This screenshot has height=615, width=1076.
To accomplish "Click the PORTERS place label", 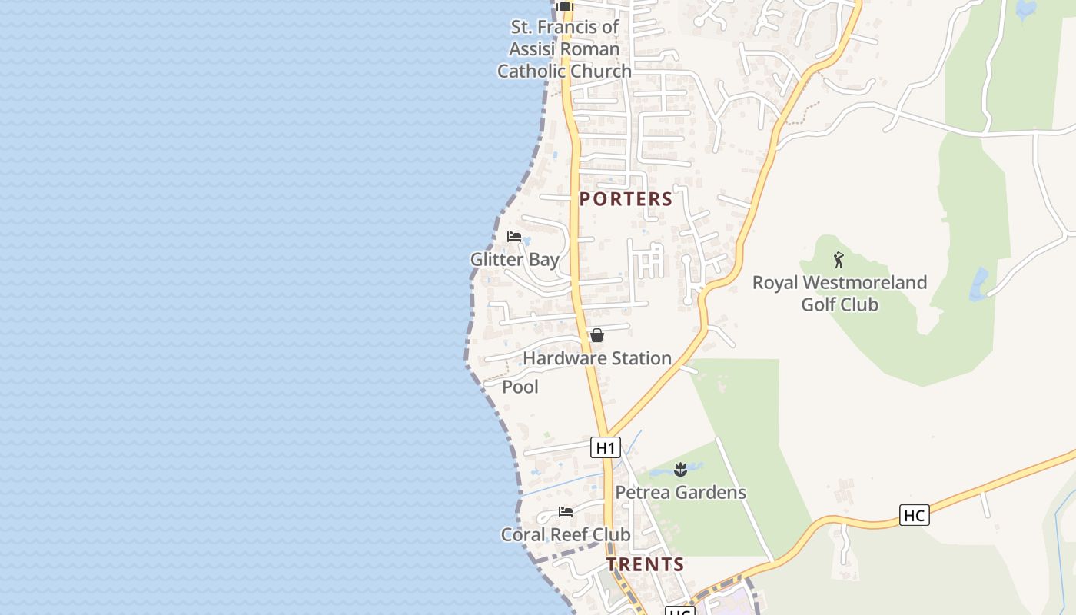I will click(626, 199).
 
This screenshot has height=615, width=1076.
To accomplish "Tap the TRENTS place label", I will click(646, 564).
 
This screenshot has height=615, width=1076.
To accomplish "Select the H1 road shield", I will click(606, 447).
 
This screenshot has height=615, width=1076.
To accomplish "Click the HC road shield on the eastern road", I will click(914, 515).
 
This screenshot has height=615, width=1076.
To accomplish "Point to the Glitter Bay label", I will click(514, 260).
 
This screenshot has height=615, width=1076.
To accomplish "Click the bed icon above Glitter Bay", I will click(514, 237).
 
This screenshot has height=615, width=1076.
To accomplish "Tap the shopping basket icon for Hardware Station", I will click(596, 336).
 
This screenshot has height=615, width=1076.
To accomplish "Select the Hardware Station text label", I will click(597, 358).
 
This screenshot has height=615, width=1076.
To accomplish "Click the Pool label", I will click(520, 387).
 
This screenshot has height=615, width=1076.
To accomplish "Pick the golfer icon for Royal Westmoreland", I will click(839, 260).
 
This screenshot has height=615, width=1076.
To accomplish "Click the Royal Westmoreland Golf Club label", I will click(839, 293).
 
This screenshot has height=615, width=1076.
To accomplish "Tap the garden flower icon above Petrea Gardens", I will click(680, 469).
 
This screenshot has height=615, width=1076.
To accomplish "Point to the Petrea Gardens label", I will click(680, 492).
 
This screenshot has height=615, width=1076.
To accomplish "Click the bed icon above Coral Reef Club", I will click(566, 512).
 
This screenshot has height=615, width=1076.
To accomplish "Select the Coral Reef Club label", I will click(566, 534).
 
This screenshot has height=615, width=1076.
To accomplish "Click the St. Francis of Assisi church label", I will click(564, 49).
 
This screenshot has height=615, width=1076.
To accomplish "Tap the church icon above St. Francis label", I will click(565, 6).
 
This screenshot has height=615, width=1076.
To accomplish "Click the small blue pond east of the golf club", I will click(978, 284).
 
